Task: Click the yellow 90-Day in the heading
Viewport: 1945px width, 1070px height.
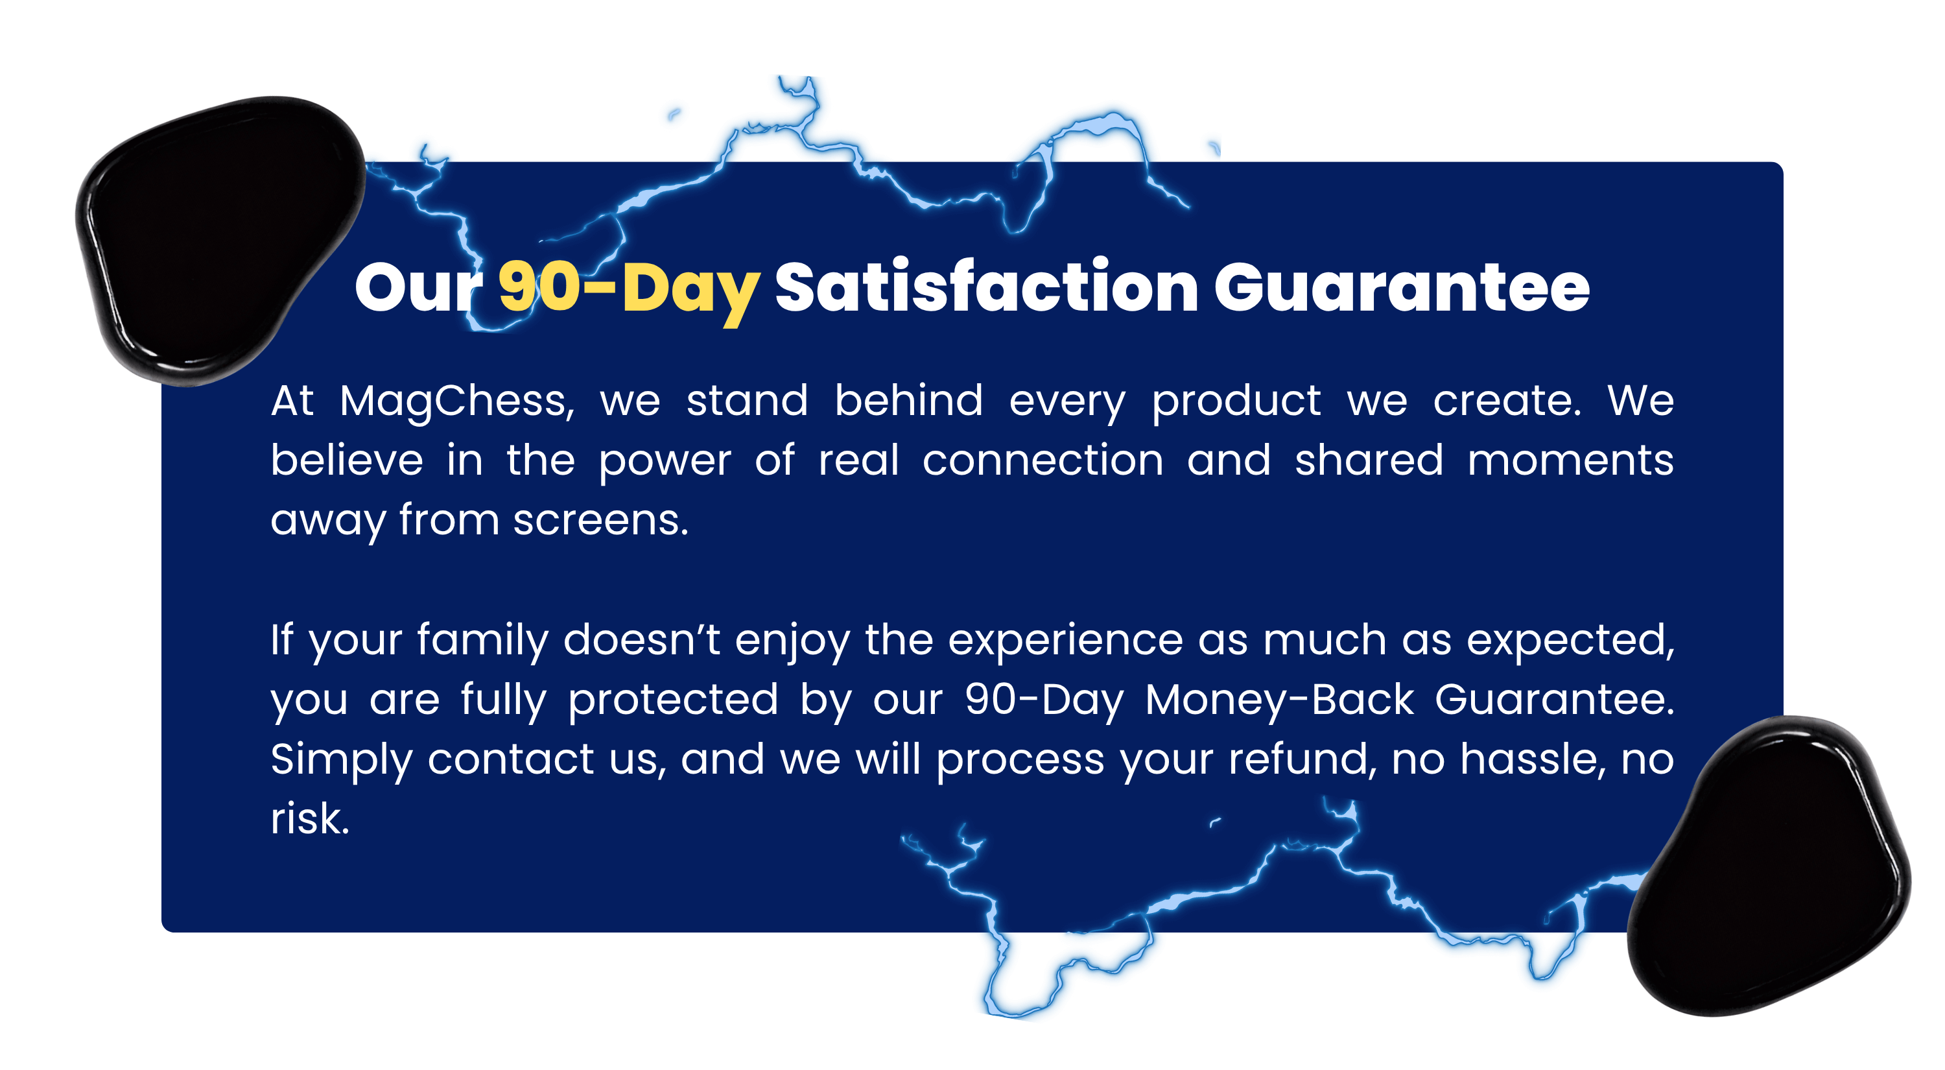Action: [x=629, y=289]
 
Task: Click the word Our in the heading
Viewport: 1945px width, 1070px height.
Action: [x=419, y=288]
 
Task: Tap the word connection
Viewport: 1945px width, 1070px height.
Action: [x=1043, y=460]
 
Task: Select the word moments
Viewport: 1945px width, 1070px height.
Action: [x=1570, y=460]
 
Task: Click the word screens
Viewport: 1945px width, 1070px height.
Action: [x=601, y=520]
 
